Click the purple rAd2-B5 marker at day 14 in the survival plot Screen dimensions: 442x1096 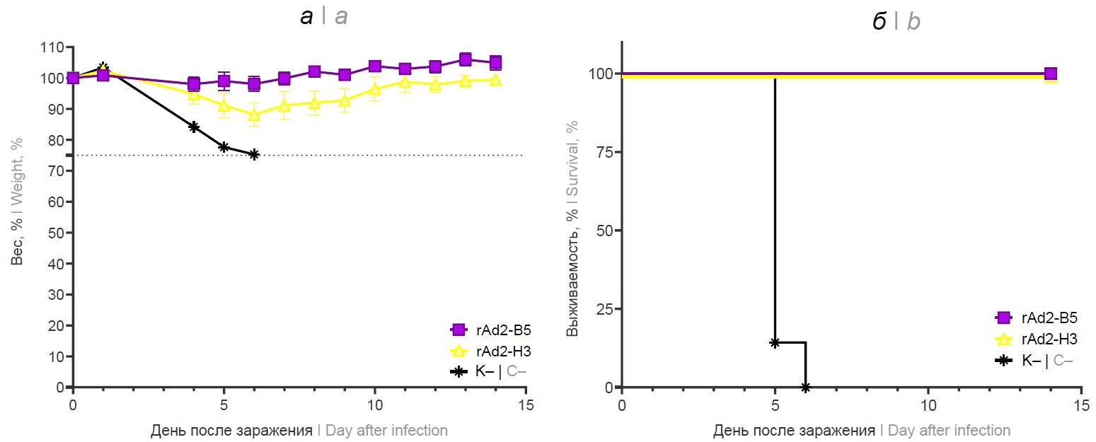coord(1050,74)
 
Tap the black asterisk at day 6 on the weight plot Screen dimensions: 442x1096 coord(254,154)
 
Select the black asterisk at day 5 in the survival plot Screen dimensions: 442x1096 coord(775,342)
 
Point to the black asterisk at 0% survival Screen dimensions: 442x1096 coord(805,387)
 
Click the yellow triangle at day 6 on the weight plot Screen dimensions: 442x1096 coord(254,115)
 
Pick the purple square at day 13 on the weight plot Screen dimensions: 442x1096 coord(466,59)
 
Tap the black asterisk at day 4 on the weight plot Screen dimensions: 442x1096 coord(193,127)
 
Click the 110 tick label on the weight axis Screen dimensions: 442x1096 coord(52,47)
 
